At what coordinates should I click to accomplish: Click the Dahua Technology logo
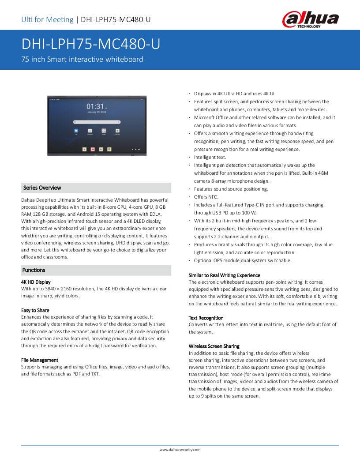coord(310,20)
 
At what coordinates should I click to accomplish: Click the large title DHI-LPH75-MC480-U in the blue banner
coord(90,44)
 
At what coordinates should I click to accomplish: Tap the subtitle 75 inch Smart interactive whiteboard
coord(82,59)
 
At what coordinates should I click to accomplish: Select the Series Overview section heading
coord(42,188)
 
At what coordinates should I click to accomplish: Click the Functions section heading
coord(34,270)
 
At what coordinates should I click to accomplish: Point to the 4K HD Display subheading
coord(36,282)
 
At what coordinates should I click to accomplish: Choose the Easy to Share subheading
coord(35,310)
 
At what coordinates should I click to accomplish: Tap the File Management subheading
coord(40,360)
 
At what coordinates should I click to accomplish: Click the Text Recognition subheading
coord(206,318)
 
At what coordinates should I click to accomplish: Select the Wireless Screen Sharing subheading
coord(214,346)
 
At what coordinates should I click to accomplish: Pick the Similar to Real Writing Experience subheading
coord(225,275)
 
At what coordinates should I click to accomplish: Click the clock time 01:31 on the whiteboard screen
coord(95,106)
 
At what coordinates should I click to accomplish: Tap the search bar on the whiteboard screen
coord(97,121)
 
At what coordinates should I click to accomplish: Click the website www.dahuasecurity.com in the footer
coord(180,450)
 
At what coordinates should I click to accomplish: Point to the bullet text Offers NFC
coord(206,197)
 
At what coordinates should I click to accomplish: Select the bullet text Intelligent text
coord(210,157)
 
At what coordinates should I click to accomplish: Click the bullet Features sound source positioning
coord(231,189)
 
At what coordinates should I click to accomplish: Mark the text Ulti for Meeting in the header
coord(47,19)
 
